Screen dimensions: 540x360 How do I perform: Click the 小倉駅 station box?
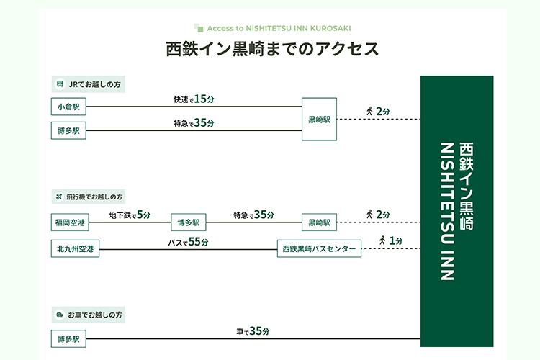click(x=68, y=107)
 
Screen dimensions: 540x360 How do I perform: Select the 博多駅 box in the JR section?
click(x=68, y=130)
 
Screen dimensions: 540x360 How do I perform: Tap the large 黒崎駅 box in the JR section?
click(x=319, y=120)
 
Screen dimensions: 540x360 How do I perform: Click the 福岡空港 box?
click(x=70, y=222)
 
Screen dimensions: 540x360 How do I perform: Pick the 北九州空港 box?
click(x=75, y=248)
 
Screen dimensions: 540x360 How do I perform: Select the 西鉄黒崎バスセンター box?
click(x=319, y=248)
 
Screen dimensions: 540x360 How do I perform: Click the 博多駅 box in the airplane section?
click(x=189, y=222)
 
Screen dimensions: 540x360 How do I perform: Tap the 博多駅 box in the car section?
click(x=68, y=339)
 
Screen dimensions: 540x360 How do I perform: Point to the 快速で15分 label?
click(x=194, y=99)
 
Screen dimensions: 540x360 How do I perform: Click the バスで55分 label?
click(x=188, y=242)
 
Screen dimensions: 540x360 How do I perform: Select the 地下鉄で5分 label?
click(x=130, y=215)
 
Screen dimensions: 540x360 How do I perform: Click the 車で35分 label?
click(x=253, y=331)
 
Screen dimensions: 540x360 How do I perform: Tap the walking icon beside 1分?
click(x=382, y=240)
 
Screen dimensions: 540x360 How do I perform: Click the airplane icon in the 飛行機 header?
click(x=59, y=197)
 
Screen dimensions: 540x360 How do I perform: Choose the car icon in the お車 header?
click(x=60, y=315)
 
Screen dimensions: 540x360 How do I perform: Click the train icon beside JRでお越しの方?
click(x=60, y=84)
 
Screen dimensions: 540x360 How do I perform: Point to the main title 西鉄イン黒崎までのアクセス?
click(x=272, y=48)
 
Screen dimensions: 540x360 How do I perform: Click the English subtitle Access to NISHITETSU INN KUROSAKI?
click(x=279, y=28)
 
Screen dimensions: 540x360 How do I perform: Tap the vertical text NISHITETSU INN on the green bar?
click(x=448, y=211)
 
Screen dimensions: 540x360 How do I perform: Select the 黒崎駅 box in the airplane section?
click(x=319, y=222)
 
